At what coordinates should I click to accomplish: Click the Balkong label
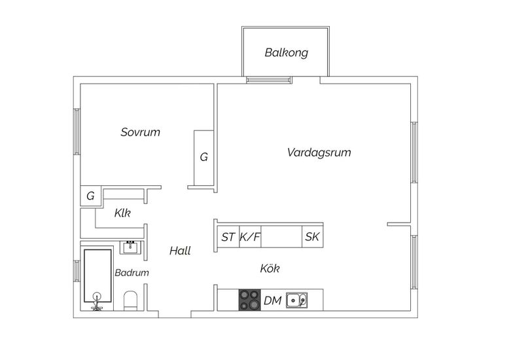pos(286,52)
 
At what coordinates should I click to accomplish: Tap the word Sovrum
pos(140,132)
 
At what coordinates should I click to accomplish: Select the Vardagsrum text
pos(319,153)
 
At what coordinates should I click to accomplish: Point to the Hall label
pos(180,251)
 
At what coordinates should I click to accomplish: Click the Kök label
pos(270,268)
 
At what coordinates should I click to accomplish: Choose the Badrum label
pos(132,272)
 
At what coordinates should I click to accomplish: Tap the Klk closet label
pos(122,213)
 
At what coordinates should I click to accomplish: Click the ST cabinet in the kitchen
pos(228,237)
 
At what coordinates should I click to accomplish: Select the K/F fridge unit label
pos(250,237)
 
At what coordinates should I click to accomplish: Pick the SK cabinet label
pos(312,237)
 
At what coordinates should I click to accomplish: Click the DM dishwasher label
pos(272,300)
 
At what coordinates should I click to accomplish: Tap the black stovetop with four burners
pos(250,300)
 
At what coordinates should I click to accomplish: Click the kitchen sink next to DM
pos(296,300)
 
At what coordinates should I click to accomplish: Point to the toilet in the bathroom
pos(131,300)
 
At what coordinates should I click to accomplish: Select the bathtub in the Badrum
pos(97,276)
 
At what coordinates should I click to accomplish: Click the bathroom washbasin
pos(131,247)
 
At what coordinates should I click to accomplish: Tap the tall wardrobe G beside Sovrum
pos(204,158)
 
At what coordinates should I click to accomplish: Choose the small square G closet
pos(90,196)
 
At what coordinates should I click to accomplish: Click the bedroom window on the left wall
pos(77,132)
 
